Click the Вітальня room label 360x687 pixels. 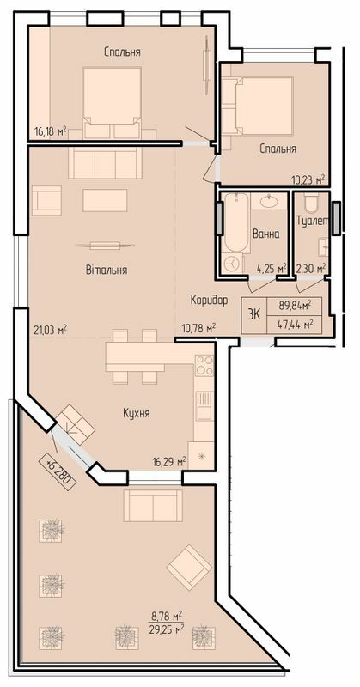point(107,270)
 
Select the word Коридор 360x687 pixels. point(209,300)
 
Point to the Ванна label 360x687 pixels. point(265,234)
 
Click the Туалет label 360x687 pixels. point(312,222)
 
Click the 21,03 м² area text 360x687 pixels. point(51,328)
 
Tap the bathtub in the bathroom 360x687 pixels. point(233,234)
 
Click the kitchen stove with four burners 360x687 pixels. point(204,367)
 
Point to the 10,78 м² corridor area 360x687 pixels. point(198,328)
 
